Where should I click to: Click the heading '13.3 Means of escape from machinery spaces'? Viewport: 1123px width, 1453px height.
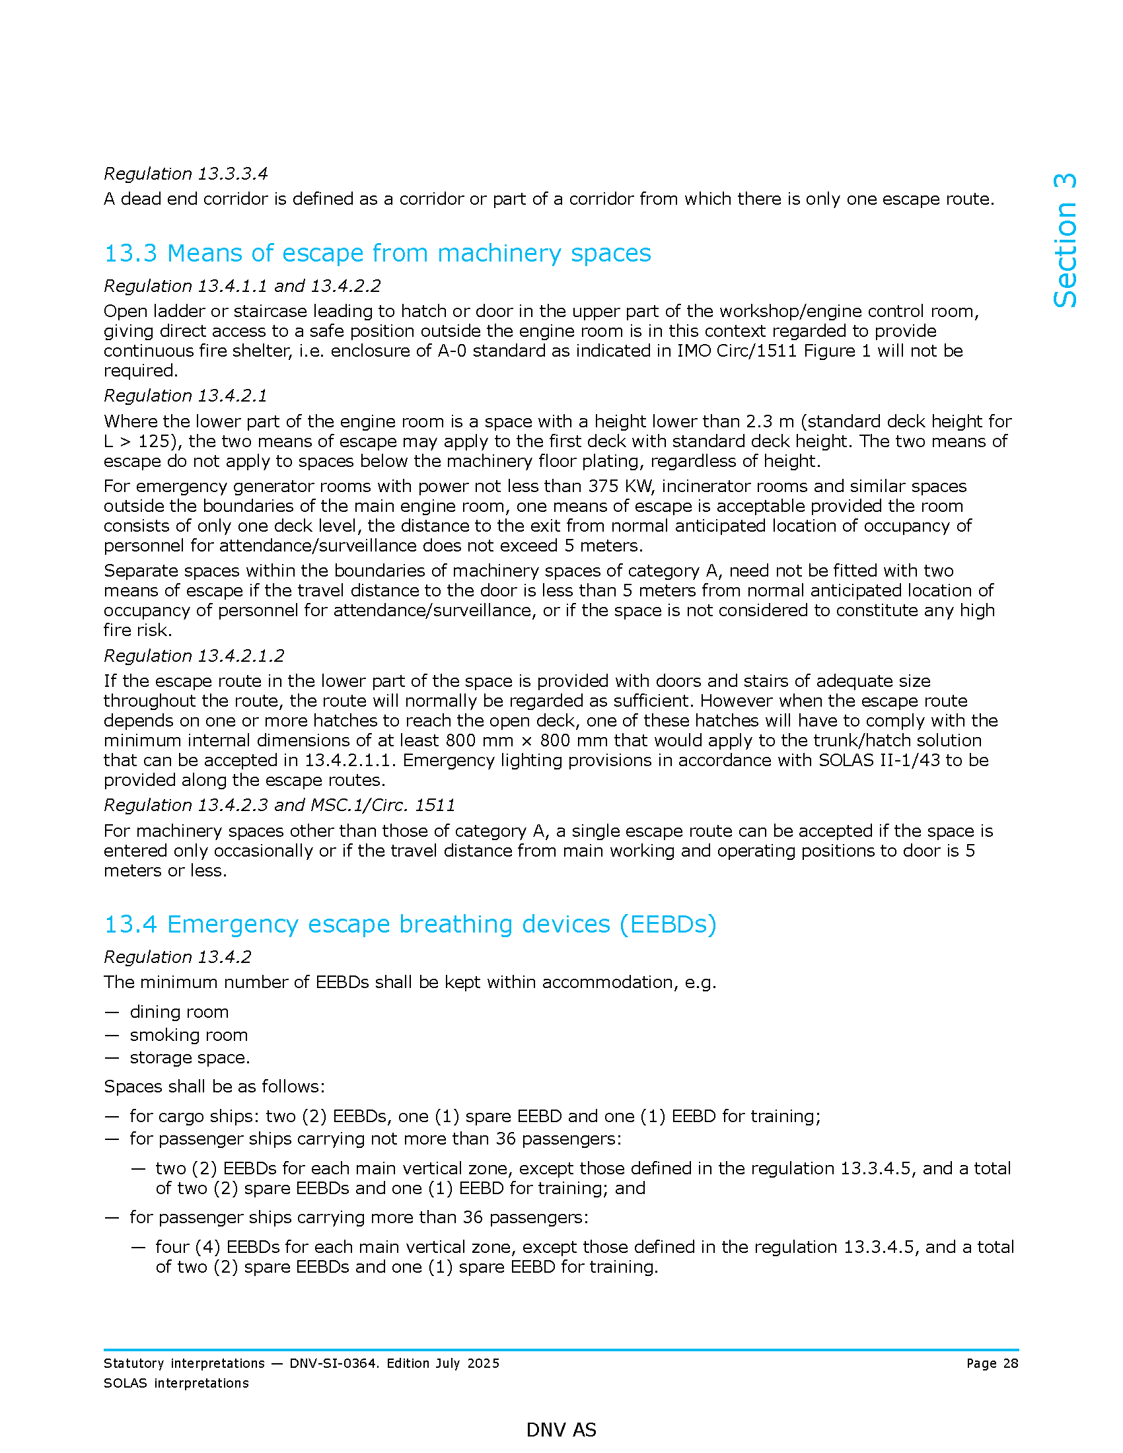(377, 254)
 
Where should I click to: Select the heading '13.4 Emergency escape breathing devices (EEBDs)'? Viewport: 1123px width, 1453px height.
(410, 924)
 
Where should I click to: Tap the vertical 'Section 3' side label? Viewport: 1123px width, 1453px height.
(1064, 240)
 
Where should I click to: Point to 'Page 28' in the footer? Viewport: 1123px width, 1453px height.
(992, 1363)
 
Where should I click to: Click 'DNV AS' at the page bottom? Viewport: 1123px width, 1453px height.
(561, 1430)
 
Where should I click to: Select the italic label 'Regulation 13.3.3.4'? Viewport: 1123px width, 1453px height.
(186, 174)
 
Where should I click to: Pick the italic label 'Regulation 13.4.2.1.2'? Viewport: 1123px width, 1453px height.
(194, 656)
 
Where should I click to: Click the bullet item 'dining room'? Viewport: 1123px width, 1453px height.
(179, 1012)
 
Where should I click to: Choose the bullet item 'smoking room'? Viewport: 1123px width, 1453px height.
(188, 1035)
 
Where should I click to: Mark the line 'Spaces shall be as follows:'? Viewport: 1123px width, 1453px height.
(214, 1087)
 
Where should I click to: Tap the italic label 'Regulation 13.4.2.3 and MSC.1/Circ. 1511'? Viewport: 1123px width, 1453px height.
(279, 806)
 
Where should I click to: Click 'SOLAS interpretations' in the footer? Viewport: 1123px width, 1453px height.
(176, 1383)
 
